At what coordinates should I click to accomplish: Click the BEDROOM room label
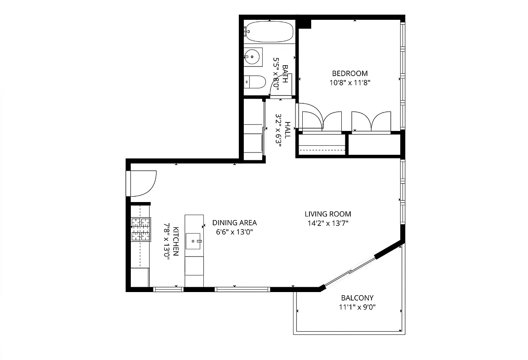click(349, 73)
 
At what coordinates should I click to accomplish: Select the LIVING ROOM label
click(327, 214)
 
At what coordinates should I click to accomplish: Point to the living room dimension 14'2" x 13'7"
click(327, 223)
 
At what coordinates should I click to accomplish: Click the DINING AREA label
click(234, 223)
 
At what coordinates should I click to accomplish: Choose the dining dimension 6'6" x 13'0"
click(234, 232)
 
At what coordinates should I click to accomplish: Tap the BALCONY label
click(357, 298)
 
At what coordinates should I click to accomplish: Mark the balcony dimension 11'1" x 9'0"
click(357, 307)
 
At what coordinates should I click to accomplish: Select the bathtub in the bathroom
click(269, 31)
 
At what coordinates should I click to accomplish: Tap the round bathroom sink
click(252, 57)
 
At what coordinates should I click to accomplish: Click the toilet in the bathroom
click(255, 82)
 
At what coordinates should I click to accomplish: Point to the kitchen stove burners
click(140, 229)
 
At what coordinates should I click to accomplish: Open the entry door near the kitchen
click(140, 184)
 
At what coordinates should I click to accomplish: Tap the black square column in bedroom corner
click(305, 24)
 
